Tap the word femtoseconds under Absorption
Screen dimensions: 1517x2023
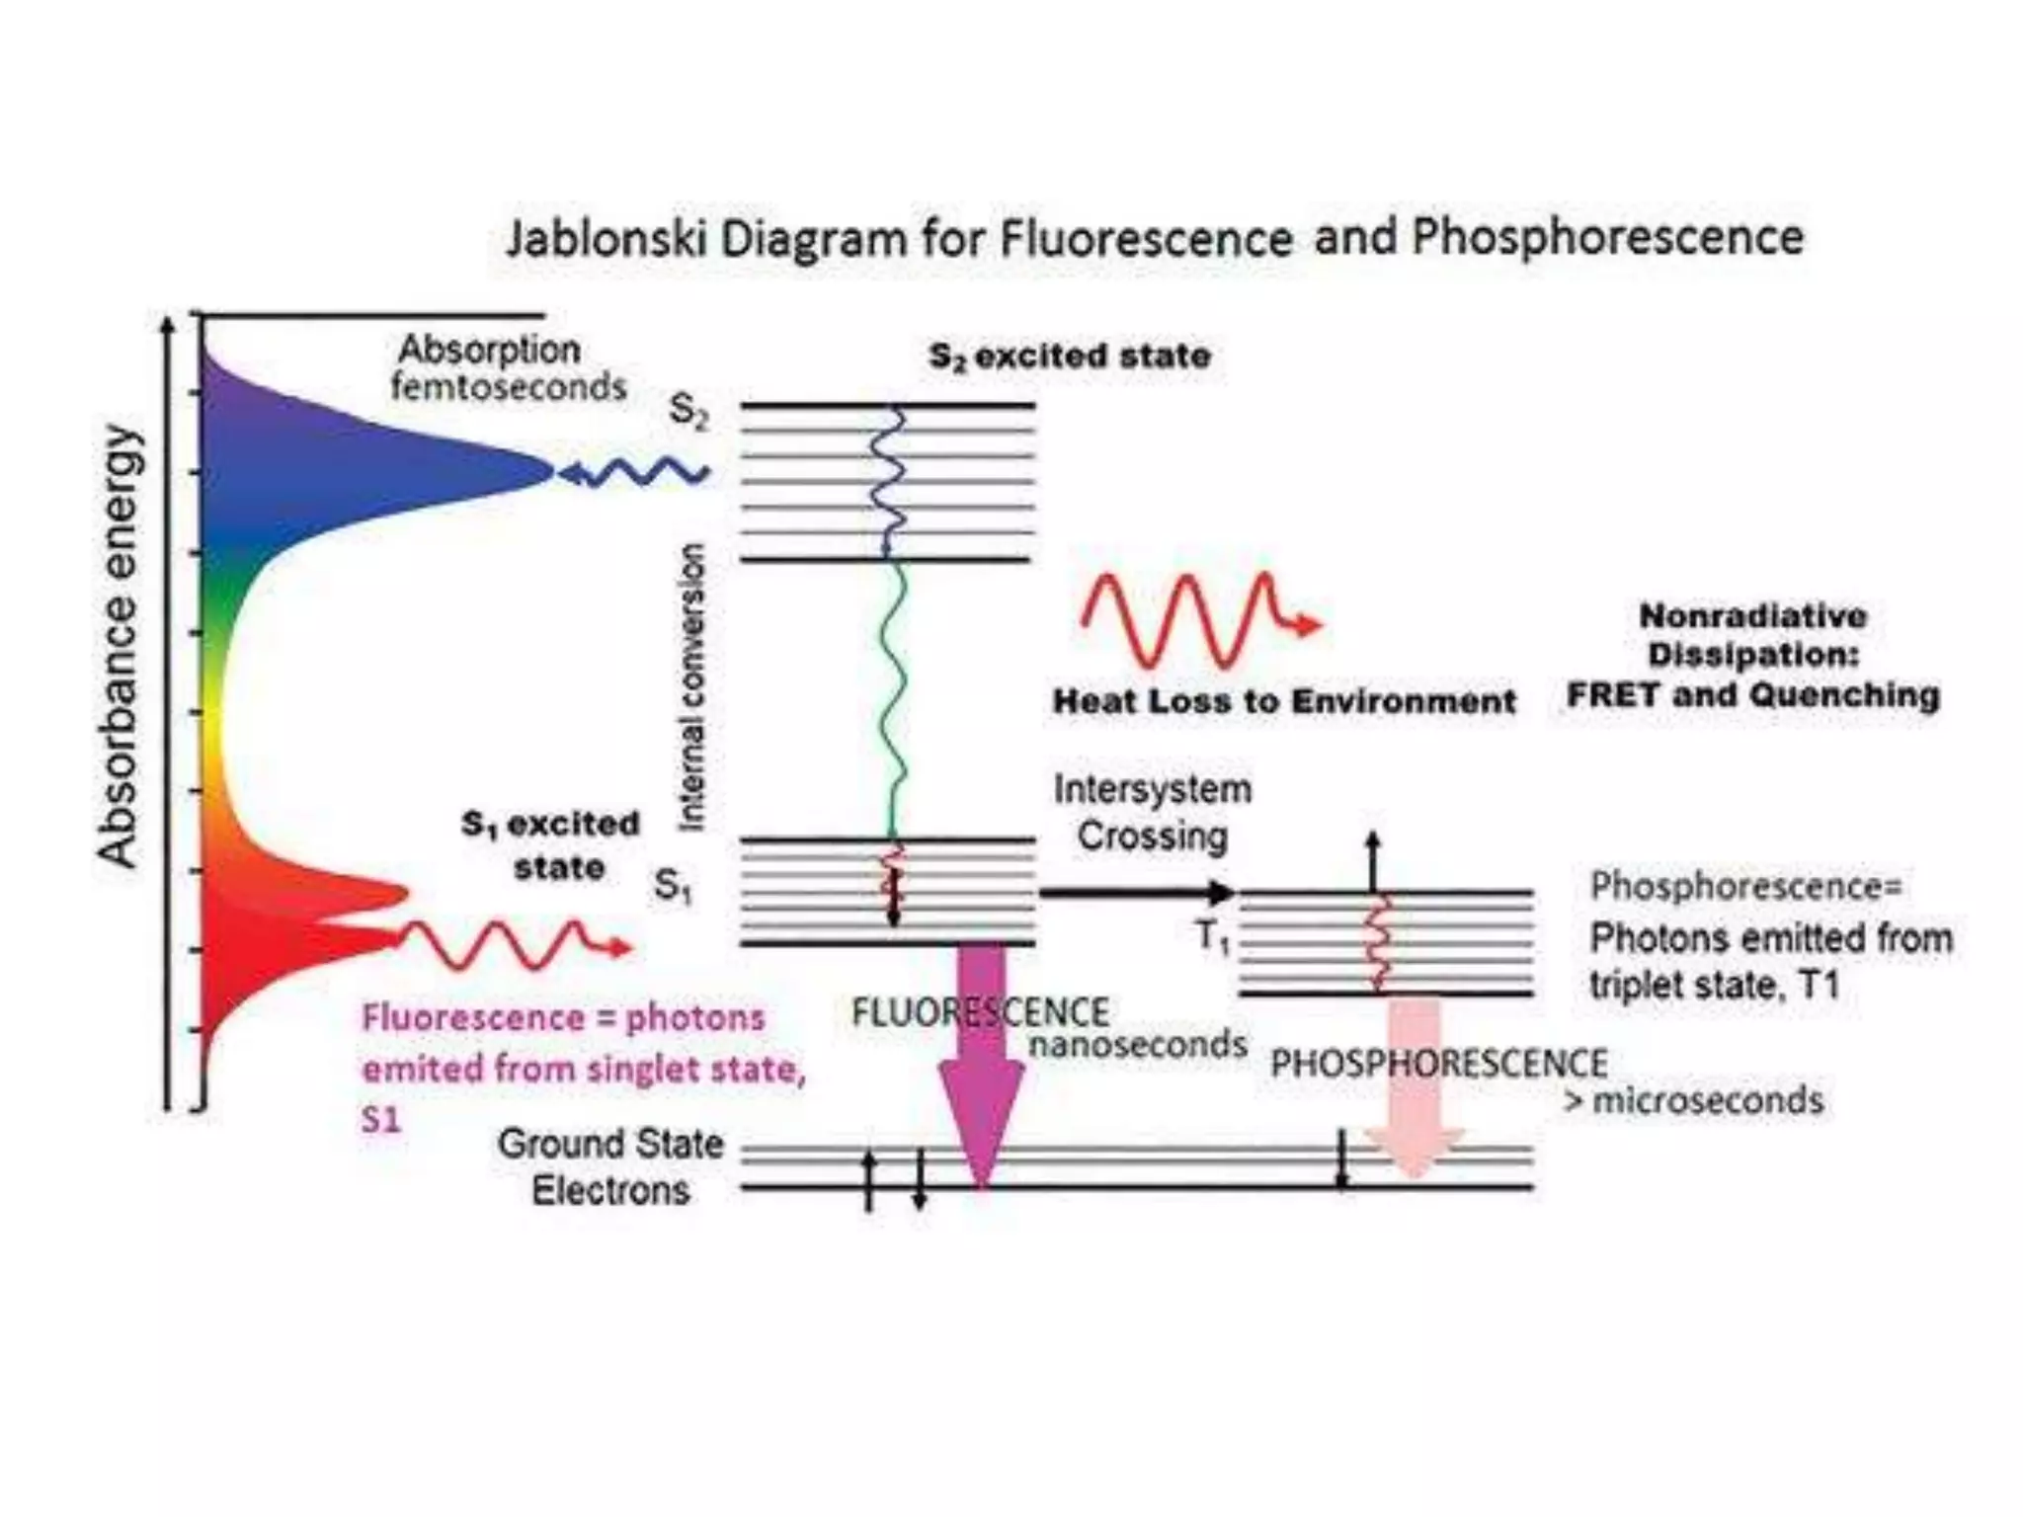(509, 387)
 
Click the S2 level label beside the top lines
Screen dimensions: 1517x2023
(688, 410)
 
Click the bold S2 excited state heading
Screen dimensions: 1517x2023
(1070, 356)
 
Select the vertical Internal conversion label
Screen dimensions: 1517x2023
(692, 687)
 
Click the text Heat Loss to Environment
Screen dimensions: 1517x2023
(1283, 701)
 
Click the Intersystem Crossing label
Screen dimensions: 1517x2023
(1152, 812)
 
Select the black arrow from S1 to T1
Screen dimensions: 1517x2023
(1136, 893)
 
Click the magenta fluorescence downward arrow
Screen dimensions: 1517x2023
(982, 1067)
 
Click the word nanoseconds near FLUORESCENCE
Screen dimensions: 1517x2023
(1138, 1044)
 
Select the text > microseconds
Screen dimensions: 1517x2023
(1693, 1100)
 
